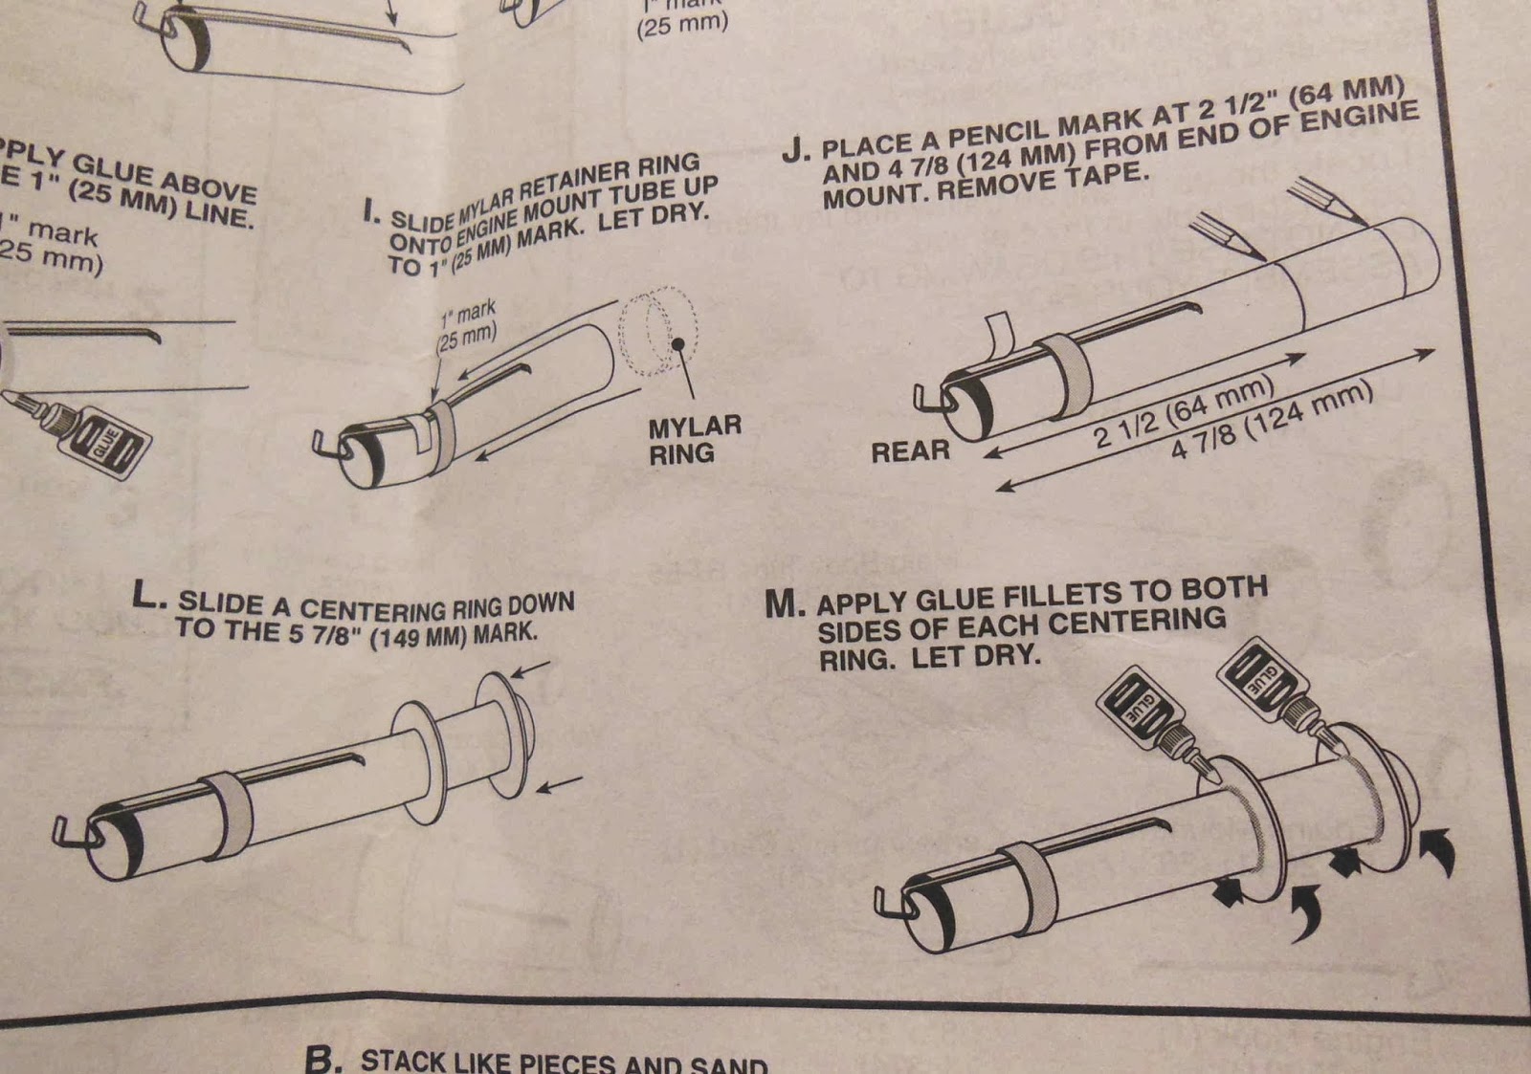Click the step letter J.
coord(794,151)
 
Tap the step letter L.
coord(148,597)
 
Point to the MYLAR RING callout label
coord(694,440)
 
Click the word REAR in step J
coord(910,450)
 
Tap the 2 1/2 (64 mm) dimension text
coord(1183,412)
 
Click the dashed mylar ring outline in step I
coord(658,330)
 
